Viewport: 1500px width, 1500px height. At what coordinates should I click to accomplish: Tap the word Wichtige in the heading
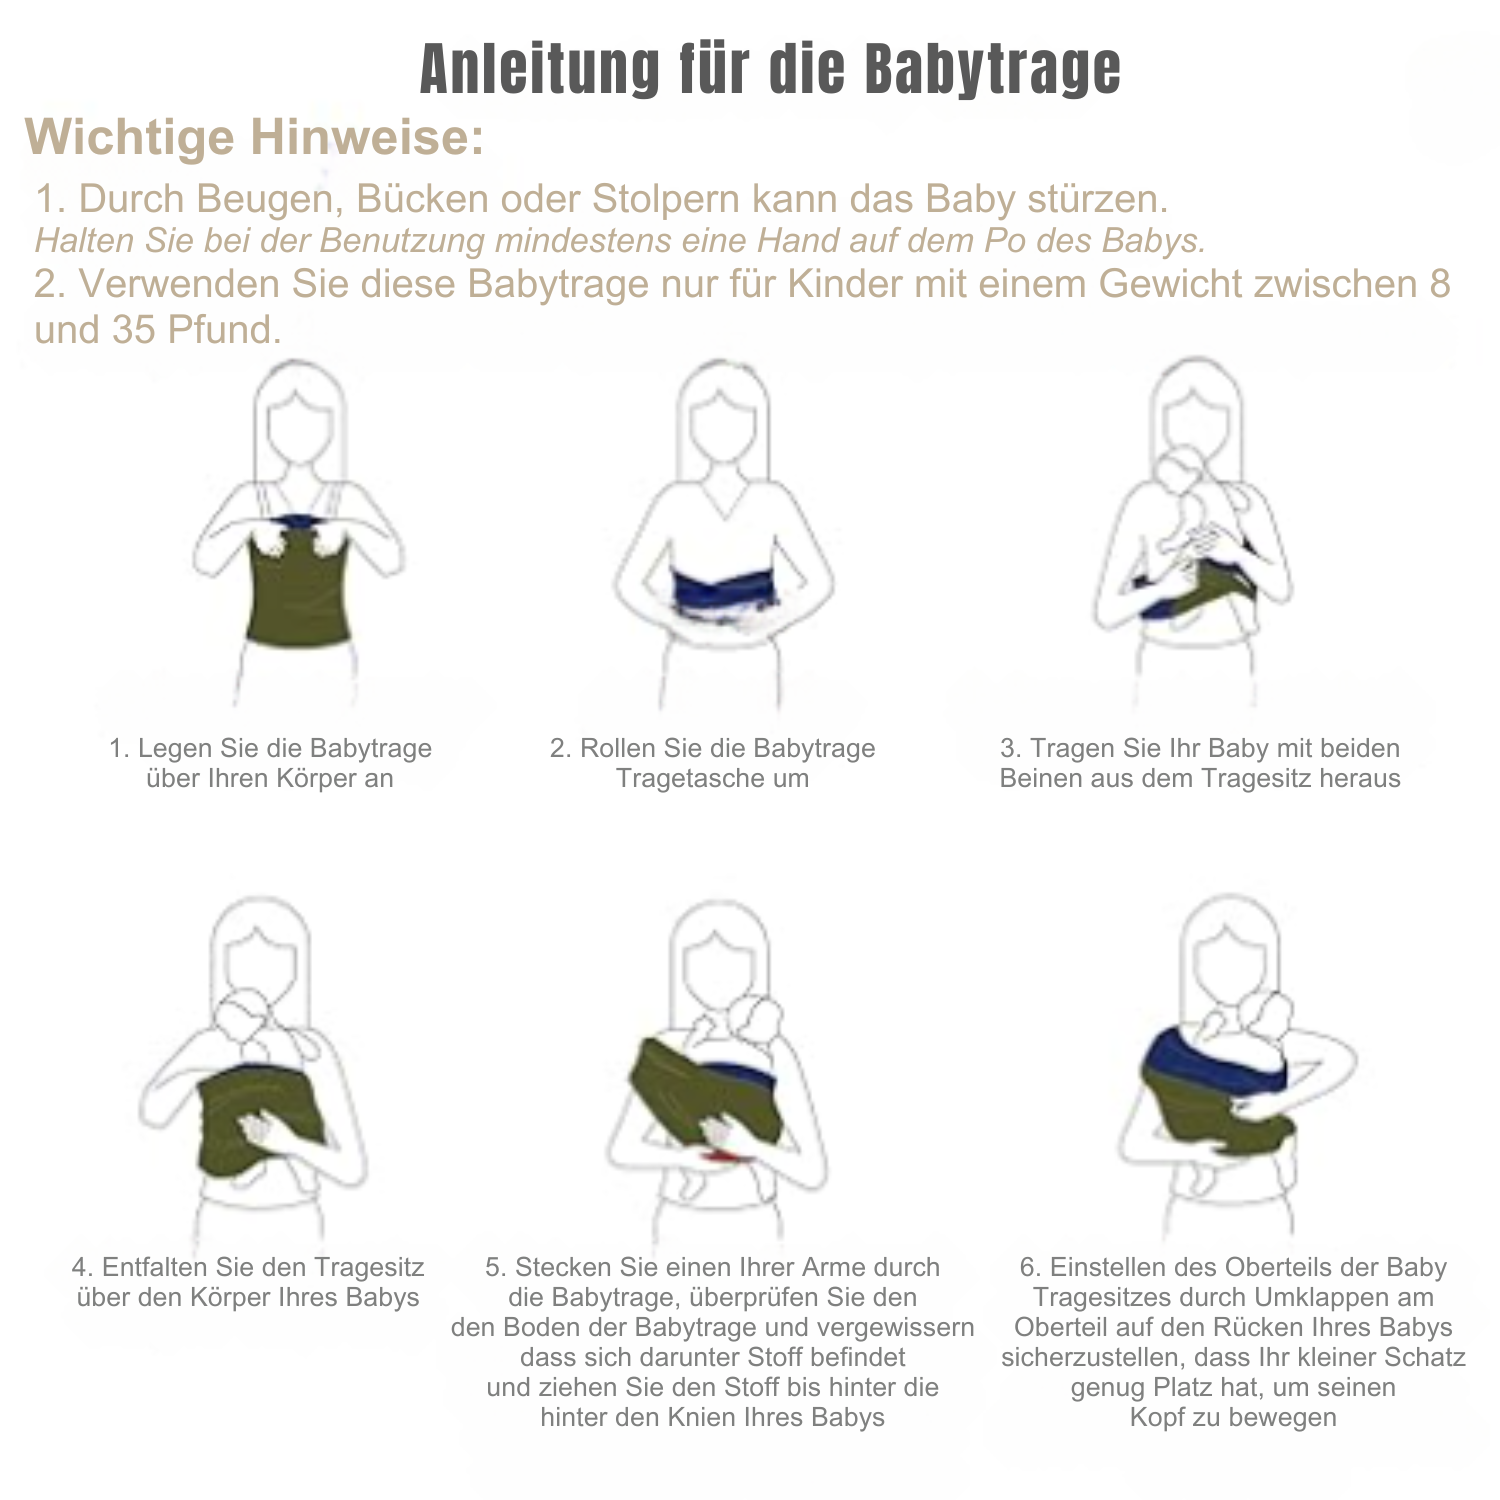tap(128, 137)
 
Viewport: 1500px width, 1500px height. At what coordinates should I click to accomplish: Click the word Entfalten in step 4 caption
tap(155, 1267)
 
